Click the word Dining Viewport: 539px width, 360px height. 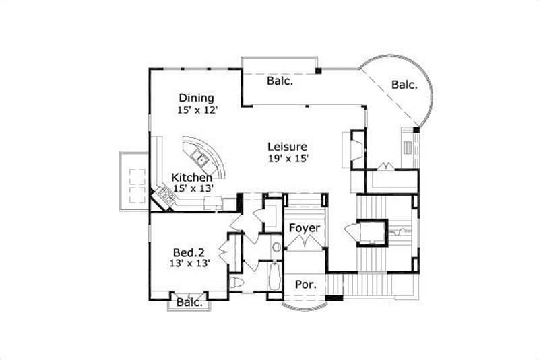[197, 98]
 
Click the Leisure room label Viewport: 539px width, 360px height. [287, 147]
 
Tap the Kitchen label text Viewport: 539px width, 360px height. [191, 178]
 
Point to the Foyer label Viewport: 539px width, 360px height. [304, 228]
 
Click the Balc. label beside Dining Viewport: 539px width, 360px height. [279, 81]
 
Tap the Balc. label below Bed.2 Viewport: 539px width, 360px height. [189, 303]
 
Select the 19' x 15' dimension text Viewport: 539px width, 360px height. [288, 159]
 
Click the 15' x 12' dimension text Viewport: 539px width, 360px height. [197, 110]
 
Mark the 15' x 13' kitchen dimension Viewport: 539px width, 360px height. [192, 189]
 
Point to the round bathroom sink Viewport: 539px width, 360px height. [276, 246]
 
